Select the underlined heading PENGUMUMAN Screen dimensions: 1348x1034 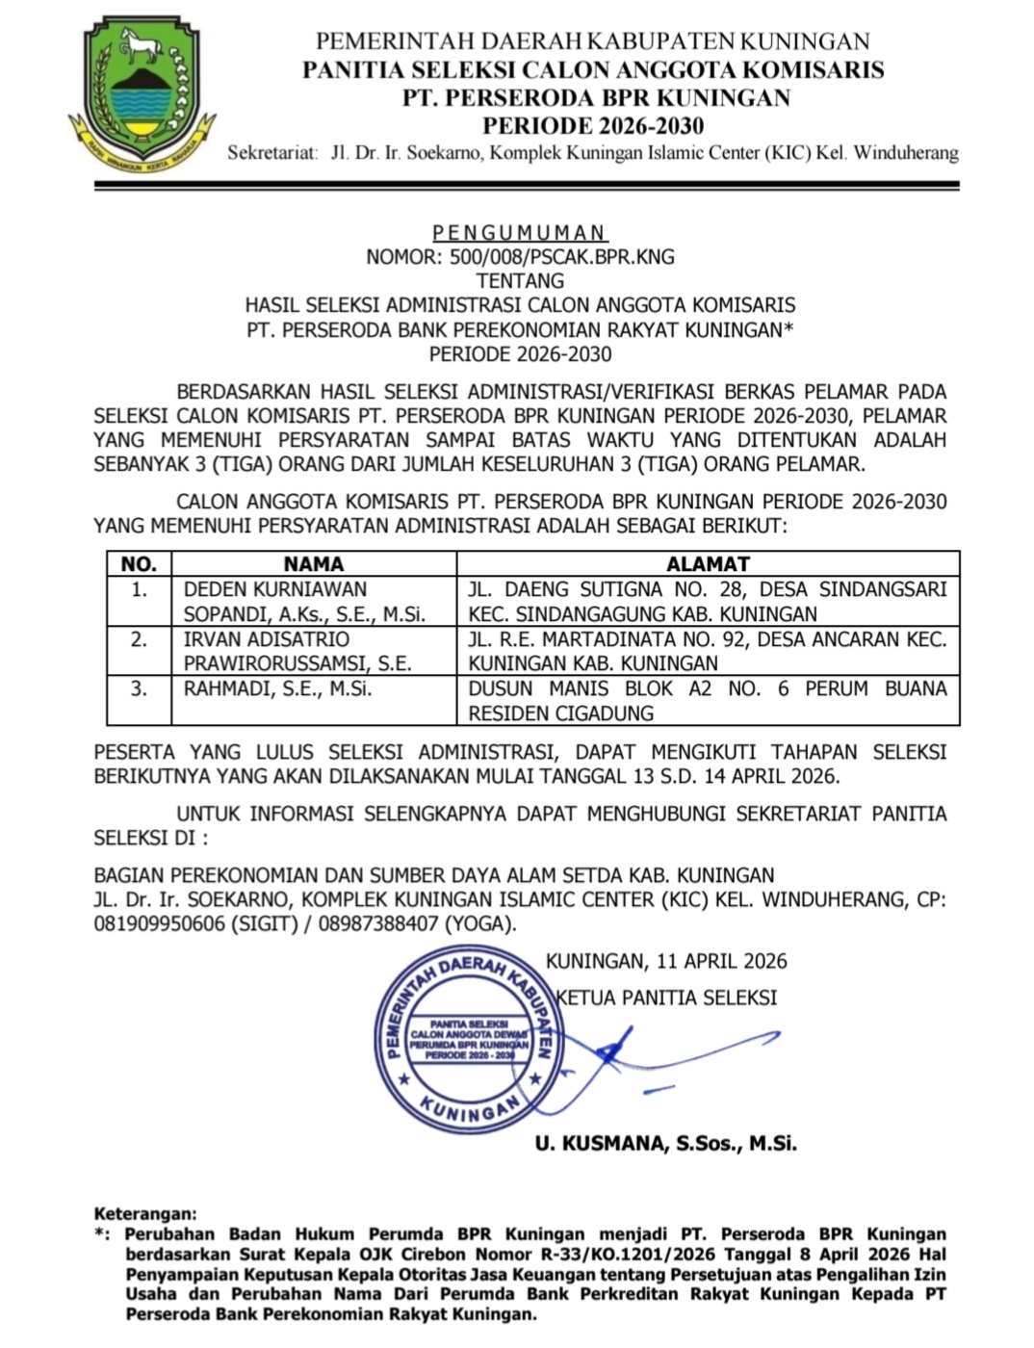coord(519,232)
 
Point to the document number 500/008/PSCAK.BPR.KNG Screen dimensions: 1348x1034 coord(520,257)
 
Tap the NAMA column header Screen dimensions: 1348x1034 coord(314,564)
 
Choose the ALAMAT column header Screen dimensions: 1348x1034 coord(708,564)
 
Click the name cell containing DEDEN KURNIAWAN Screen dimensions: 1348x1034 coord(304,601)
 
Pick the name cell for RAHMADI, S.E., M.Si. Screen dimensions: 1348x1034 coord(277,688)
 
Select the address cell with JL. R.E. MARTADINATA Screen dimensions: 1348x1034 coord(708,651)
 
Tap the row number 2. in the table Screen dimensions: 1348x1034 coord(140,639)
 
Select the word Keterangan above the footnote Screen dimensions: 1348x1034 coord(145,1214)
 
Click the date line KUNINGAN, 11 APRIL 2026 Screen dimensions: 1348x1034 coord(666,961)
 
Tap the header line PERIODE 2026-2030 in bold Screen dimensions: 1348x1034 coord(593,125)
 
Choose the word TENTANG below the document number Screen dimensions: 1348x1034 coord(520,281)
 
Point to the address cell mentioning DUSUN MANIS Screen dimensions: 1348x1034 coord(708,700)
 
